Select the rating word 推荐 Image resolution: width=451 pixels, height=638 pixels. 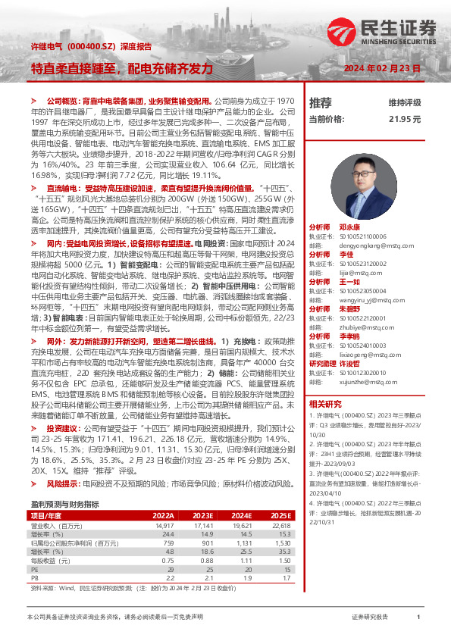pyautogui.click(x=321, y=102)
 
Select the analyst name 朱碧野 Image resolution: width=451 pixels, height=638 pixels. pyautogui.click(x=349, y=309)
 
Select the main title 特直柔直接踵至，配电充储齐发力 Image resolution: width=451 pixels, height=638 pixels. pyautogui.click(x=122, y=68)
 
